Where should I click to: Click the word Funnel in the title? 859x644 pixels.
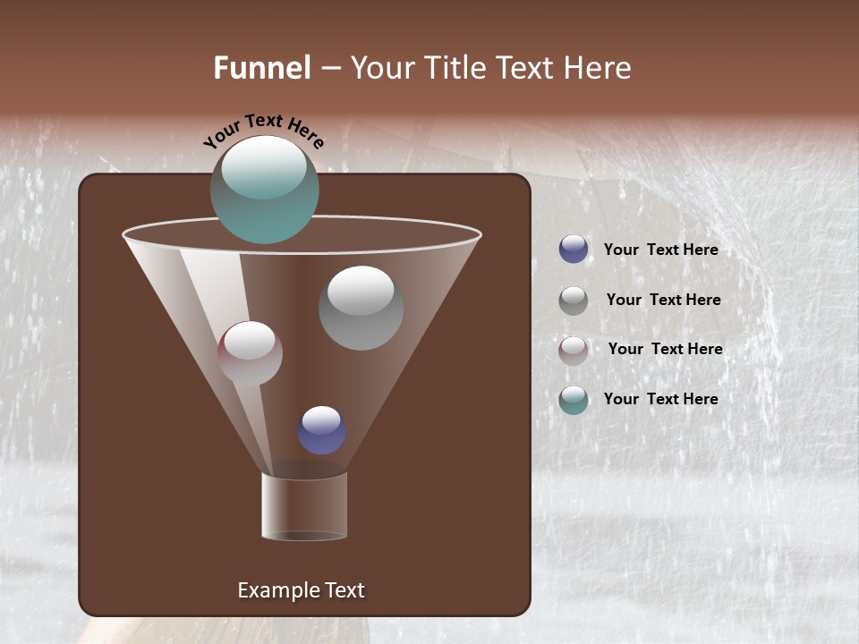[x=262, y=68]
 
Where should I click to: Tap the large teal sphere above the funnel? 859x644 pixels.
[x=265, y=192]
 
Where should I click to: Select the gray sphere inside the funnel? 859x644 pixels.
[x=361, y=309]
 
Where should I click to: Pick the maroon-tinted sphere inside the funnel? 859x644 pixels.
[x=250, y=353]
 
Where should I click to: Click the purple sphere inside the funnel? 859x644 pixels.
[x=321, y=430]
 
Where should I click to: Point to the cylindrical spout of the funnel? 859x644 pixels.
[x=304, y=506]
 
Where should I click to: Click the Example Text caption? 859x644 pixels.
[x=301, y=590]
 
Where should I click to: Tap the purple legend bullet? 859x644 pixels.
[x=574, y=250]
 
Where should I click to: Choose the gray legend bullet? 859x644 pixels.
[x=574, y=301]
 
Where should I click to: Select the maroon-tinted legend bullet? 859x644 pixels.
[x=574, y=350]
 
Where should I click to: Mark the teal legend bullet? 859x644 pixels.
[x=574, y=400]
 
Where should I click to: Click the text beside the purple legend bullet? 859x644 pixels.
[x=660, y=250]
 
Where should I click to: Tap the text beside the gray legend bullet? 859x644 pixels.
[x=663, y=300]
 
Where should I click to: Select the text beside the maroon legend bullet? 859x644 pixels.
[x=665, y=349]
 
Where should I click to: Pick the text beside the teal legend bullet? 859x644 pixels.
[x=660, y=399]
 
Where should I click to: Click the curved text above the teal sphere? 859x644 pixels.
[x=263, y=129]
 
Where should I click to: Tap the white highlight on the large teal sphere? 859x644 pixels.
[x=263, y=167]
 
